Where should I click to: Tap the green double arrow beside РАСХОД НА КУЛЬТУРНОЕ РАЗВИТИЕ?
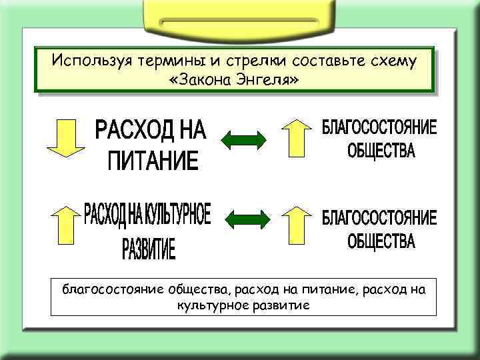(x=247, y=219)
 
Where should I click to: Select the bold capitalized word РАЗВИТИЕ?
(x=149, y=250)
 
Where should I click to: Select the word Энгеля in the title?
(x=270, y=80)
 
